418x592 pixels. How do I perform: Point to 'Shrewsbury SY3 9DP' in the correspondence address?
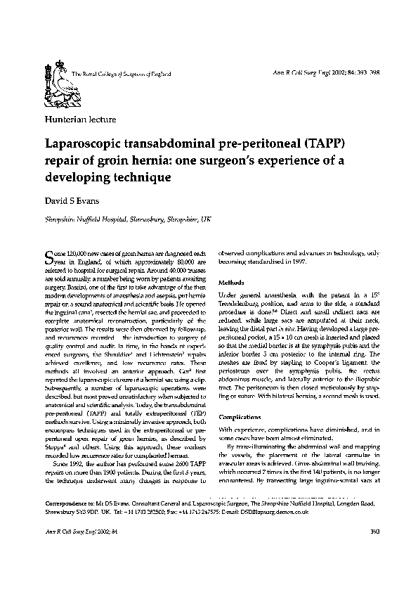click(x=72, y=532)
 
